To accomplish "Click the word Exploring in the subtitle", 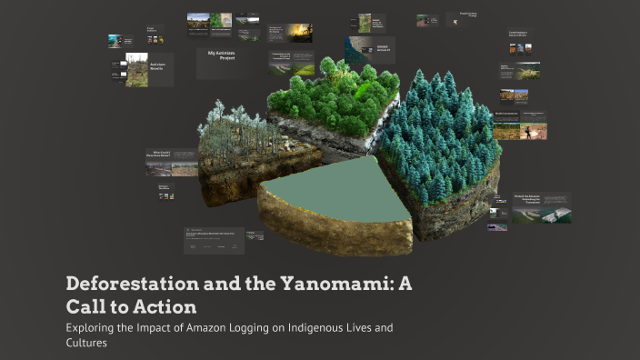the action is pos(94,327).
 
